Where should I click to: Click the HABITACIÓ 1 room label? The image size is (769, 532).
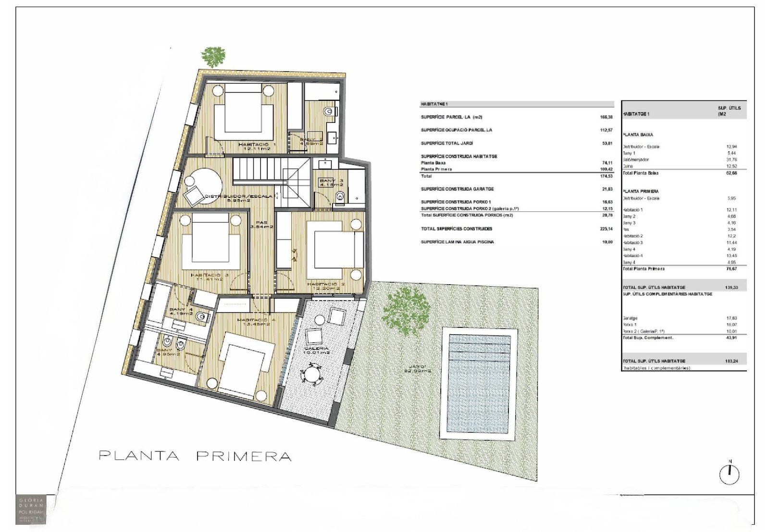pos(257,146)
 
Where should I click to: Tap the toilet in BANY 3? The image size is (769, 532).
pos(340,196)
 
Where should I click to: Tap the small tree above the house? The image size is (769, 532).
pos(213,56)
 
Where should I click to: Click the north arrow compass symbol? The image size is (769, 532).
pos(729,474)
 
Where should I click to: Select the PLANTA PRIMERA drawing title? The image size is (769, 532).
pos(195,456)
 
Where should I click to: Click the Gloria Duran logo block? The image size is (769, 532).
pos(31,509)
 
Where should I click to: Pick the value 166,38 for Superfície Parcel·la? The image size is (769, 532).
pos(606,117)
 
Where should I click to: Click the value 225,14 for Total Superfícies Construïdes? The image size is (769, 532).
pos(606,229)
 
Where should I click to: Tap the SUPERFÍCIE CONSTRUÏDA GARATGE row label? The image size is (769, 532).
pos(457,189)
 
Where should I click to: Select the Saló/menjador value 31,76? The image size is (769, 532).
pos(731,160)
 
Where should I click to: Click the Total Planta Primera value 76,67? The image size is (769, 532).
pos(731,269)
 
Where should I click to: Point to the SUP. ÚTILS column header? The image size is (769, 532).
pos(729,111)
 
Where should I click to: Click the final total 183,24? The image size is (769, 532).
pos(731,361)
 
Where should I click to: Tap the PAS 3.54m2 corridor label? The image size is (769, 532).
pos(261,224)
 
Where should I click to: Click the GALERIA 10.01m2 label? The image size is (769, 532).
pos(316,350)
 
